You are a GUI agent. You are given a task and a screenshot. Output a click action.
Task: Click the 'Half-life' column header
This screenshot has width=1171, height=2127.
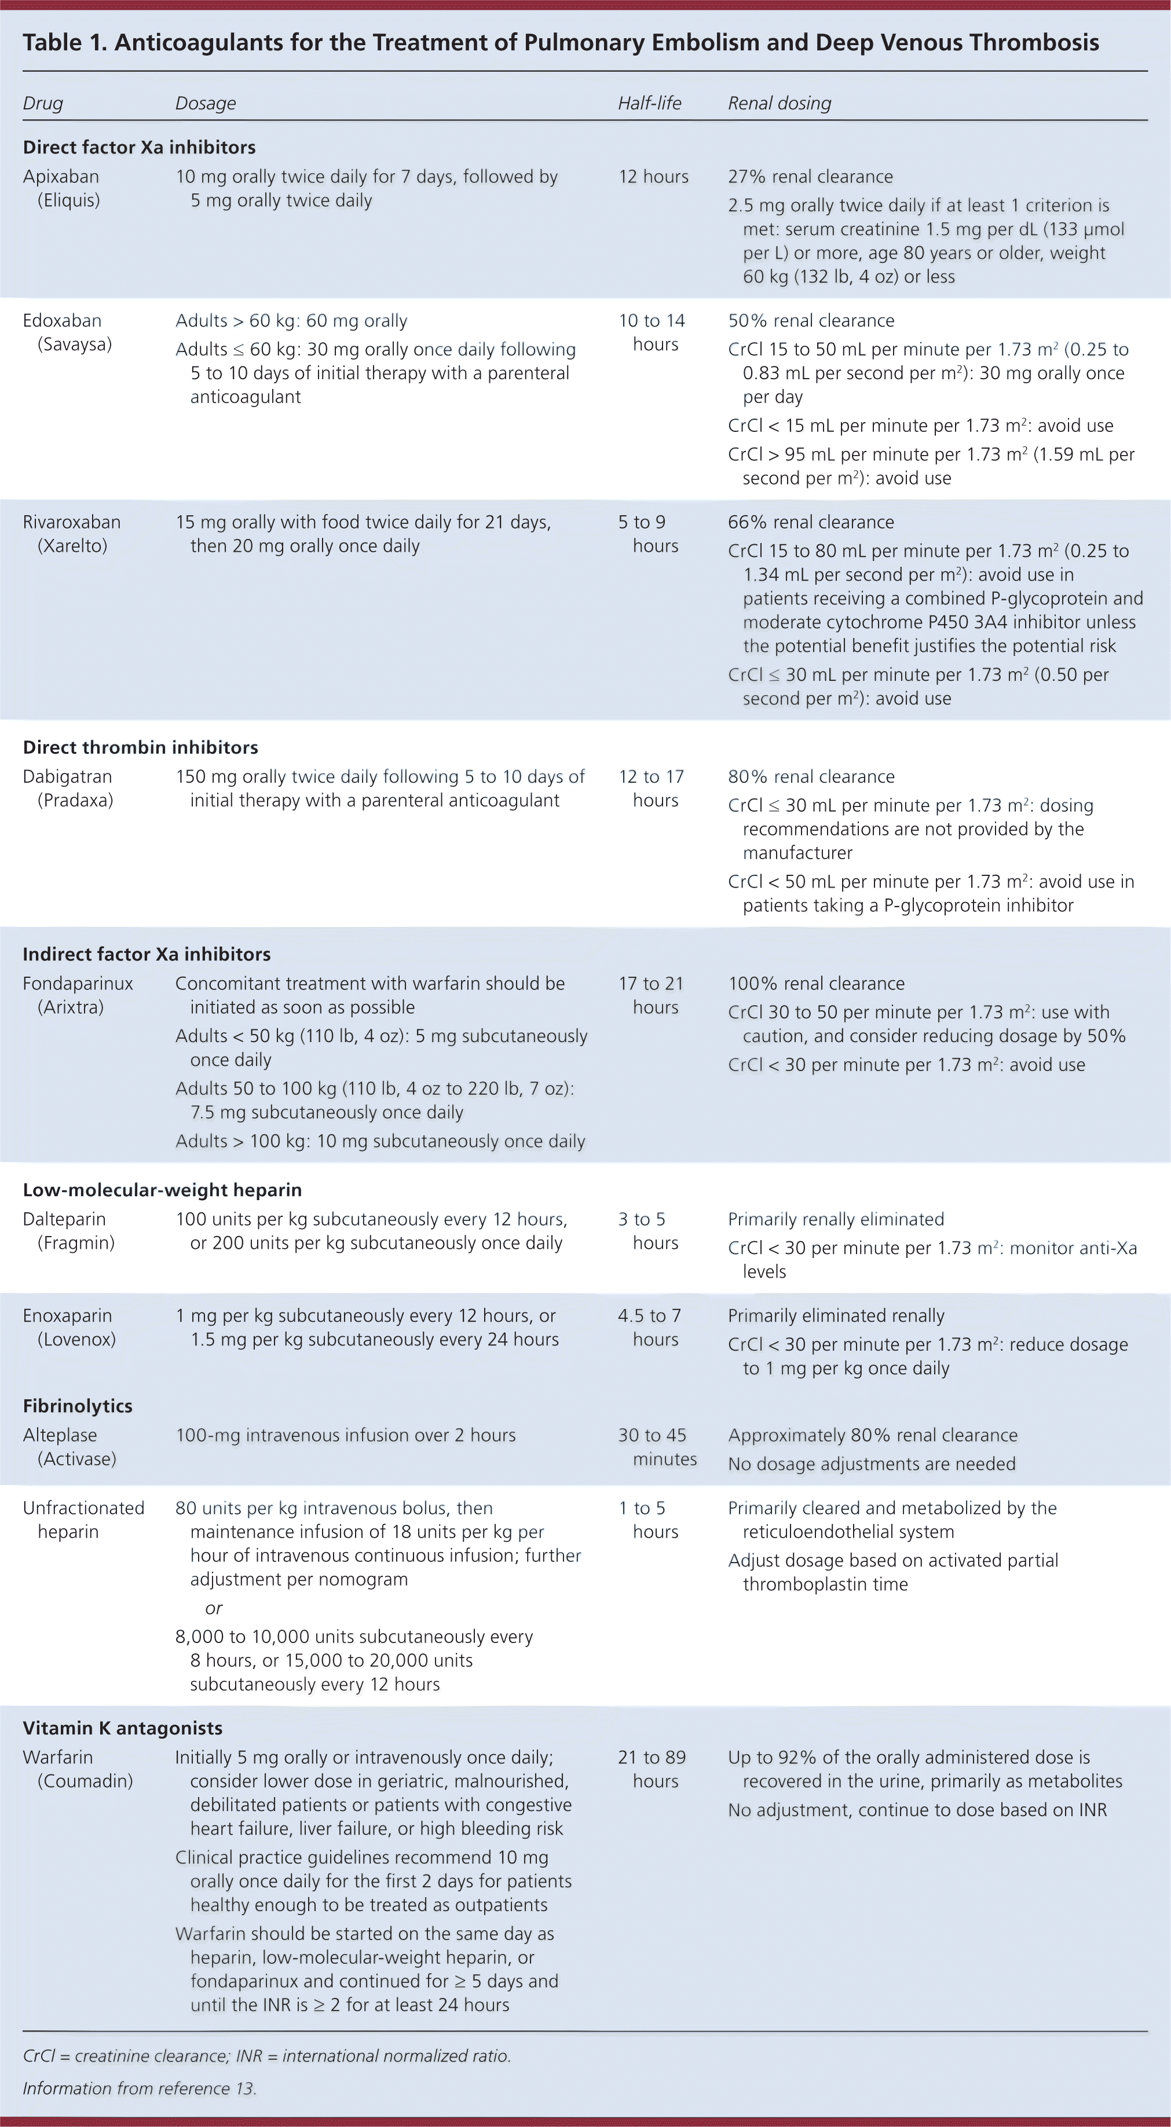[x=649, y=103]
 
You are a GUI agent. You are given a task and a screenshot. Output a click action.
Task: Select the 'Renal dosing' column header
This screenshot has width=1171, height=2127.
[x=779, y=103]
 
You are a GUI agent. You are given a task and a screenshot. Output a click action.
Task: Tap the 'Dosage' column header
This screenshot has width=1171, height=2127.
[x=206, y=103]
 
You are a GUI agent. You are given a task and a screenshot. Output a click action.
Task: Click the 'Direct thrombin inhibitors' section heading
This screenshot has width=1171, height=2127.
[x=140, y=747]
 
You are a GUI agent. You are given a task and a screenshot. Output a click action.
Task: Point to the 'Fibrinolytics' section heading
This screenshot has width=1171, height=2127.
[x=78, y=1406]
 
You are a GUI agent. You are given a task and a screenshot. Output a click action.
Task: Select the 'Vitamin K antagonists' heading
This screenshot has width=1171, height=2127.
[x=123, y=1728]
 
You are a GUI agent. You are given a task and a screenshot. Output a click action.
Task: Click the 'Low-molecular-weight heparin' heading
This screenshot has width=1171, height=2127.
[x=162, y=1190]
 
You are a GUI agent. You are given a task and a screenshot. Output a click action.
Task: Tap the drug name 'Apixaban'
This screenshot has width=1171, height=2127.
[x=60, y=177]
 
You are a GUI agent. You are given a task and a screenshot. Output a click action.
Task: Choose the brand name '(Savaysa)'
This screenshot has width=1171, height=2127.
[x=74, y=344]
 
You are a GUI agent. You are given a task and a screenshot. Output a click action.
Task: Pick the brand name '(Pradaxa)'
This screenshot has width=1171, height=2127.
[x=75, y=800]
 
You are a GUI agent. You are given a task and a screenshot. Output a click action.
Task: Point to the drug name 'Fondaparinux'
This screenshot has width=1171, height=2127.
[x=78, y=984]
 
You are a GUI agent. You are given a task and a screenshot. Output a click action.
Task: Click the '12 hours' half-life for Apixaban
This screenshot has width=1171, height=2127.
[x=653, y=177]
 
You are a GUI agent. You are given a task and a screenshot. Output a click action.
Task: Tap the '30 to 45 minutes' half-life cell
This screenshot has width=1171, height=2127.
[x=657, y=1447]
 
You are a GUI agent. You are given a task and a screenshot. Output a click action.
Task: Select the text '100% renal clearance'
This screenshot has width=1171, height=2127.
[x=816, y=984]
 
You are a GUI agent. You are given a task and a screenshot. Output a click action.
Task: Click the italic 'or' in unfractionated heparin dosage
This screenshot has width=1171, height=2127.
[x=214, y=1608]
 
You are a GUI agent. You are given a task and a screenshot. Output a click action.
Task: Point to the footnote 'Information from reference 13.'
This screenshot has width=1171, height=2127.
[x=140, y=2088]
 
